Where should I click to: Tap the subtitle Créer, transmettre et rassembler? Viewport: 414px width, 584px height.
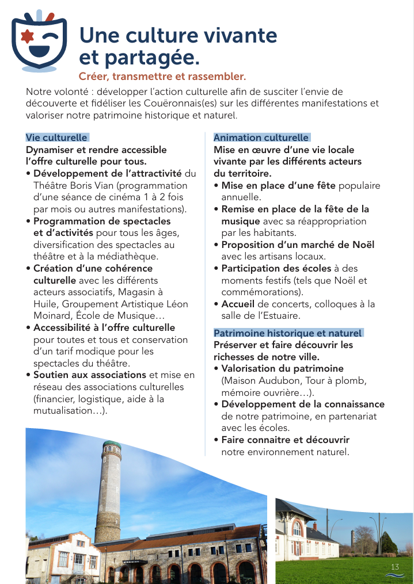[162, 76]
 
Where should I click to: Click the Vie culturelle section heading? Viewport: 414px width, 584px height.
[56, 138]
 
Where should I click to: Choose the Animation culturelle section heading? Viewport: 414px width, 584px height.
[261, 138]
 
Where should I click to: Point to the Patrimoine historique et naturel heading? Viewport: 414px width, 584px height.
[287, 333]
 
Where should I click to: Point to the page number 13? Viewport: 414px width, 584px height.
[395, 567]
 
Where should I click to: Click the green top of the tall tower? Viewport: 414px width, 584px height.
[112, 445]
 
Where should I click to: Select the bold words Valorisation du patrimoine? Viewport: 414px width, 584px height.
[282, 369]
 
